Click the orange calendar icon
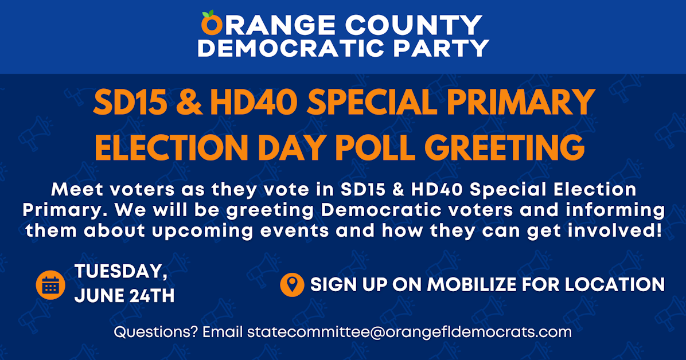50,284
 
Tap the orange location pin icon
293,284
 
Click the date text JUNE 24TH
124,296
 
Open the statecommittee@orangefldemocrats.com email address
409,332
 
